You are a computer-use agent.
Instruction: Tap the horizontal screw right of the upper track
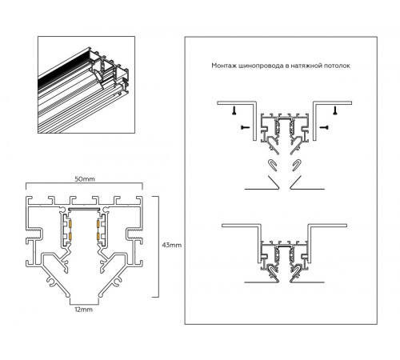click(326, 126)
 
